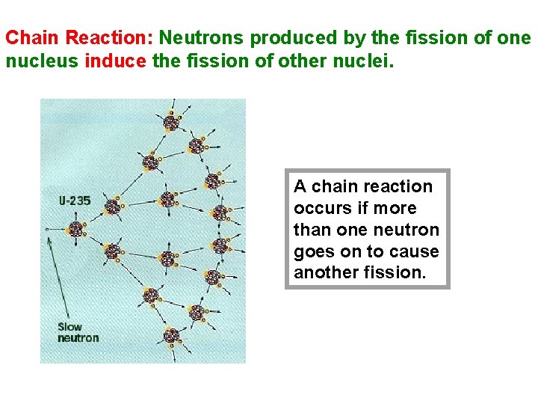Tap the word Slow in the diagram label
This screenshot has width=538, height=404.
point(70,327)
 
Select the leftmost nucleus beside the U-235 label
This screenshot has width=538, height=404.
point(76,228)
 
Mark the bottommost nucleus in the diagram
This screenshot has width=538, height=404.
point(172,335)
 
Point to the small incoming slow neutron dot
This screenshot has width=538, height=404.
point(46,228)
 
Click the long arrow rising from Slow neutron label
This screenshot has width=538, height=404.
point(58,277)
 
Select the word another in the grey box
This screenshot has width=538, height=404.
point(324,272)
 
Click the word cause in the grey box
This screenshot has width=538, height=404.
point(415,251)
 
